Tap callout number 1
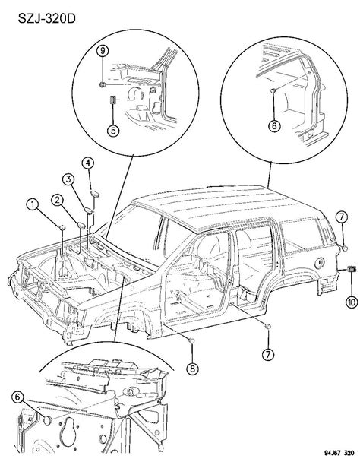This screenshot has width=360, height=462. [32, 203]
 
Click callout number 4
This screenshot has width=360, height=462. [88, 162]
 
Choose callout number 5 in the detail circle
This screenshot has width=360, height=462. [112, 130]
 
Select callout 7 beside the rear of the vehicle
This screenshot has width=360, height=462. [341, 219]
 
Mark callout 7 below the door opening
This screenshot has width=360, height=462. [269, 354]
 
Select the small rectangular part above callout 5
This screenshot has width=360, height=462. [112, 100]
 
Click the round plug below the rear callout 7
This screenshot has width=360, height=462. [343, 248]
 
